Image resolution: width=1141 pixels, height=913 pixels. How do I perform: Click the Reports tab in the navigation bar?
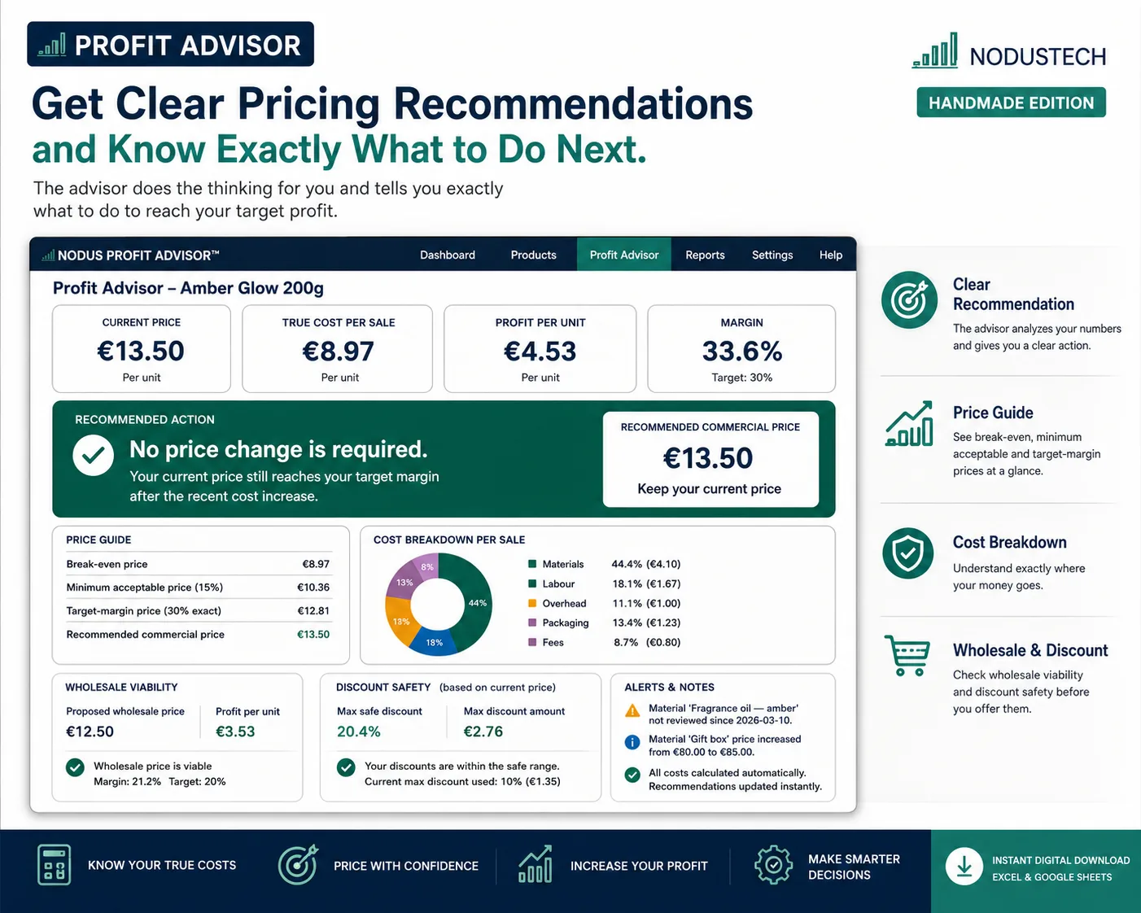(705, 255)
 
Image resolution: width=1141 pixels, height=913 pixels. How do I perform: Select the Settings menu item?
(772, 255)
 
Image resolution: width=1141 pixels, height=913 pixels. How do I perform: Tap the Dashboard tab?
(448, 255)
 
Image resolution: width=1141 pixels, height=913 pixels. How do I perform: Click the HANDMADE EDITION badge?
(1011, 103)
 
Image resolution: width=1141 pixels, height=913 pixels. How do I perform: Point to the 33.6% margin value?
(741, 351)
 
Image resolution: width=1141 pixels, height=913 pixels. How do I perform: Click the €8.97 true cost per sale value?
(339, 351)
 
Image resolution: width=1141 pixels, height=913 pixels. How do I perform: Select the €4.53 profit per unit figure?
(540, 351)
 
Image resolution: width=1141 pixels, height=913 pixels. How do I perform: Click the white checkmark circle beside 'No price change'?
(94, 455)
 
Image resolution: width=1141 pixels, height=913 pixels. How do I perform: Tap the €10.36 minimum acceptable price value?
(313, 588)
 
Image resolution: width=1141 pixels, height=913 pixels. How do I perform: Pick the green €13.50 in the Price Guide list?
(313, 635)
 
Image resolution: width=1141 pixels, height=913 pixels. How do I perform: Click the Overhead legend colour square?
(532, 603)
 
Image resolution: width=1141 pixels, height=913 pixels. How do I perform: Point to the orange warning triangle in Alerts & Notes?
(632, 710)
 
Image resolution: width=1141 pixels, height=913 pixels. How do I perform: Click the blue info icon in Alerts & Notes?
(632, 742)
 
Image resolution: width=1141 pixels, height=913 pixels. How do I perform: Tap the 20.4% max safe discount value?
(359, 732)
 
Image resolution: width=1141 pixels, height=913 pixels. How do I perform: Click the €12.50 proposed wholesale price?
(90, 732)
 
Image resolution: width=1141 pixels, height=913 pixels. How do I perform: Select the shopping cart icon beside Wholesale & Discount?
(907, 655)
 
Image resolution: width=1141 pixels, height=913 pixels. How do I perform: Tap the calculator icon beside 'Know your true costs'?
(54, 865)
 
